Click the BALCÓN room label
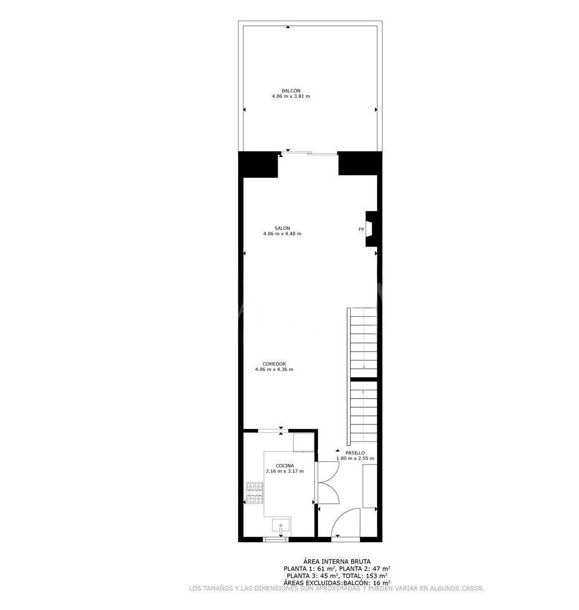pos(291,91)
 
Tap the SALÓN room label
pos(282,228)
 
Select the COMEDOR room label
pos(274,364)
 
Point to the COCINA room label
pos(285,466)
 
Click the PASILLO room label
pos(355,453)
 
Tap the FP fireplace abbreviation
pos(361,229)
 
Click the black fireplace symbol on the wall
pos(371,229)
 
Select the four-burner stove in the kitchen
pos(255,493)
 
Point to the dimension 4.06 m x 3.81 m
pos(291,96)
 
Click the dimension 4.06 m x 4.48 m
pos(282,234)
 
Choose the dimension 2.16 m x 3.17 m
pos(285,471)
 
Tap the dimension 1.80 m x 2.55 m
pos(355,458)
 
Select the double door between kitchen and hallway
pos(328,483)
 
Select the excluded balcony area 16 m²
pos(381,582)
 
